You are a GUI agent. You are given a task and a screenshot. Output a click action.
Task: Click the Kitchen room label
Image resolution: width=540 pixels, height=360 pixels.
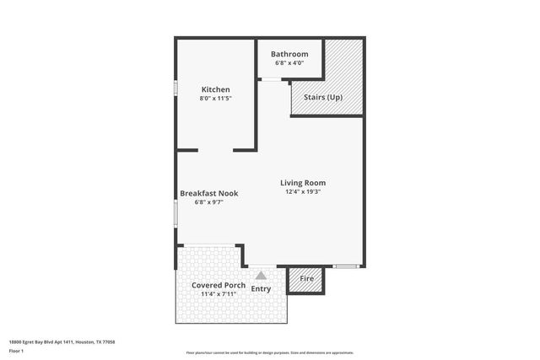(215, 89)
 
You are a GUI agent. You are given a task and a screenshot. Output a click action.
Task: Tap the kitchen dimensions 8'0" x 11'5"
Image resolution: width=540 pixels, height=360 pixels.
(215, 99)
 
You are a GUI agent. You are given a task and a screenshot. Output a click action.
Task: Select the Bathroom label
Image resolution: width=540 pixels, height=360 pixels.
(289, 54)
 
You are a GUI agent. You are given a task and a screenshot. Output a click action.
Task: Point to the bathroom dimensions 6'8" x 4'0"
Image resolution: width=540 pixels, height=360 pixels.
(289, 63)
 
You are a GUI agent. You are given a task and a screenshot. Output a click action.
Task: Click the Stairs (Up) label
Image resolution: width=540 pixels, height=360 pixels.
(322, 97)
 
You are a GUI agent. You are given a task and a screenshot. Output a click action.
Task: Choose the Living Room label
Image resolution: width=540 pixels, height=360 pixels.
(303, 182)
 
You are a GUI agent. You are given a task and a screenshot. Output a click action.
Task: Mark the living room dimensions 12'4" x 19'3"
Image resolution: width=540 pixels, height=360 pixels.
(303, 191)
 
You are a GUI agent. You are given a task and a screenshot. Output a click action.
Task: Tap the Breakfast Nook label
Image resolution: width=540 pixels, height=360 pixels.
(209, 193)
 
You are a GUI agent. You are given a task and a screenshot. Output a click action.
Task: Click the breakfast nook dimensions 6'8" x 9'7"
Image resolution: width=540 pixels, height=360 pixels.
(209, 202)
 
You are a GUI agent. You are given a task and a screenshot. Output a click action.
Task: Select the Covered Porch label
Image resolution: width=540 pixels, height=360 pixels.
(219, 285)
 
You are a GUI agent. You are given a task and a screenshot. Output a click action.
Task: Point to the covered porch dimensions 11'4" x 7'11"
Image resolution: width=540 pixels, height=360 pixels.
(219, 294)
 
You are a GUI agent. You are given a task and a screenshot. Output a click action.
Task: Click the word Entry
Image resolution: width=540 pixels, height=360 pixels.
(262, 289)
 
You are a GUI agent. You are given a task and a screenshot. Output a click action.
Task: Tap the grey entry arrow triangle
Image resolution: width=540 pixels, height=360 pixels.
(262, 275)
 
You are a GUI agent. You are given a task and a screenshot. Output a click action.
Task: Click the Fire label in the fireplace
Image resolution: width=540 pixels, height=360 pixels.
(307, 279)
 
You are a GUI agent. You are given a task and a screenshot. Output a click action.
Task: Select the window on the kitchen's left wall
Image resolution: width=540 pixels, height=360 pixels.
(175, 88)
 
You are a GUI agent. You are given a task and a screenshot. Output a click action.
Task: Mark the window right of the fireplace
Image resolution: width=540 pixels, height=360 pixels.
(345, 266)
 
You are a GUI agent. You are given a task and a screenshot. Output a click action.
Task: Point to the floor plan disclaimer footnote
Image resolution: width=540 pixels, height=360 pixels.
(269, 352)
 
